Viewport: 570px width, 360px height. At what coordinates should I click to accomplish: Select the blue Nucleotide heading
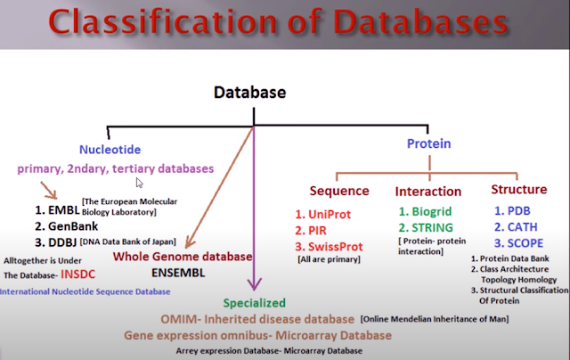(110, 149)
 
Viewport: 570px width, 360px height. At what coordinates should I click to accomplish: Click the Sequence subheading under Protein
(339, 191)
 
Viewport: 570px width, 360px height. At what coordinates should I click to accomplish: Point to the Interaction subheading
(427, 191)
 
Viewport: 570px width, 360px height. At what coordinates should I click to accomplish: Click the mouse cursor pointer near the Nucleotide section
(139, 184)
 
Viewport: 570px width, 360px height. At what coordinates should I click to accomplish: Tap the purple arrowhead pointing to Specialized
(254, 287)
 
